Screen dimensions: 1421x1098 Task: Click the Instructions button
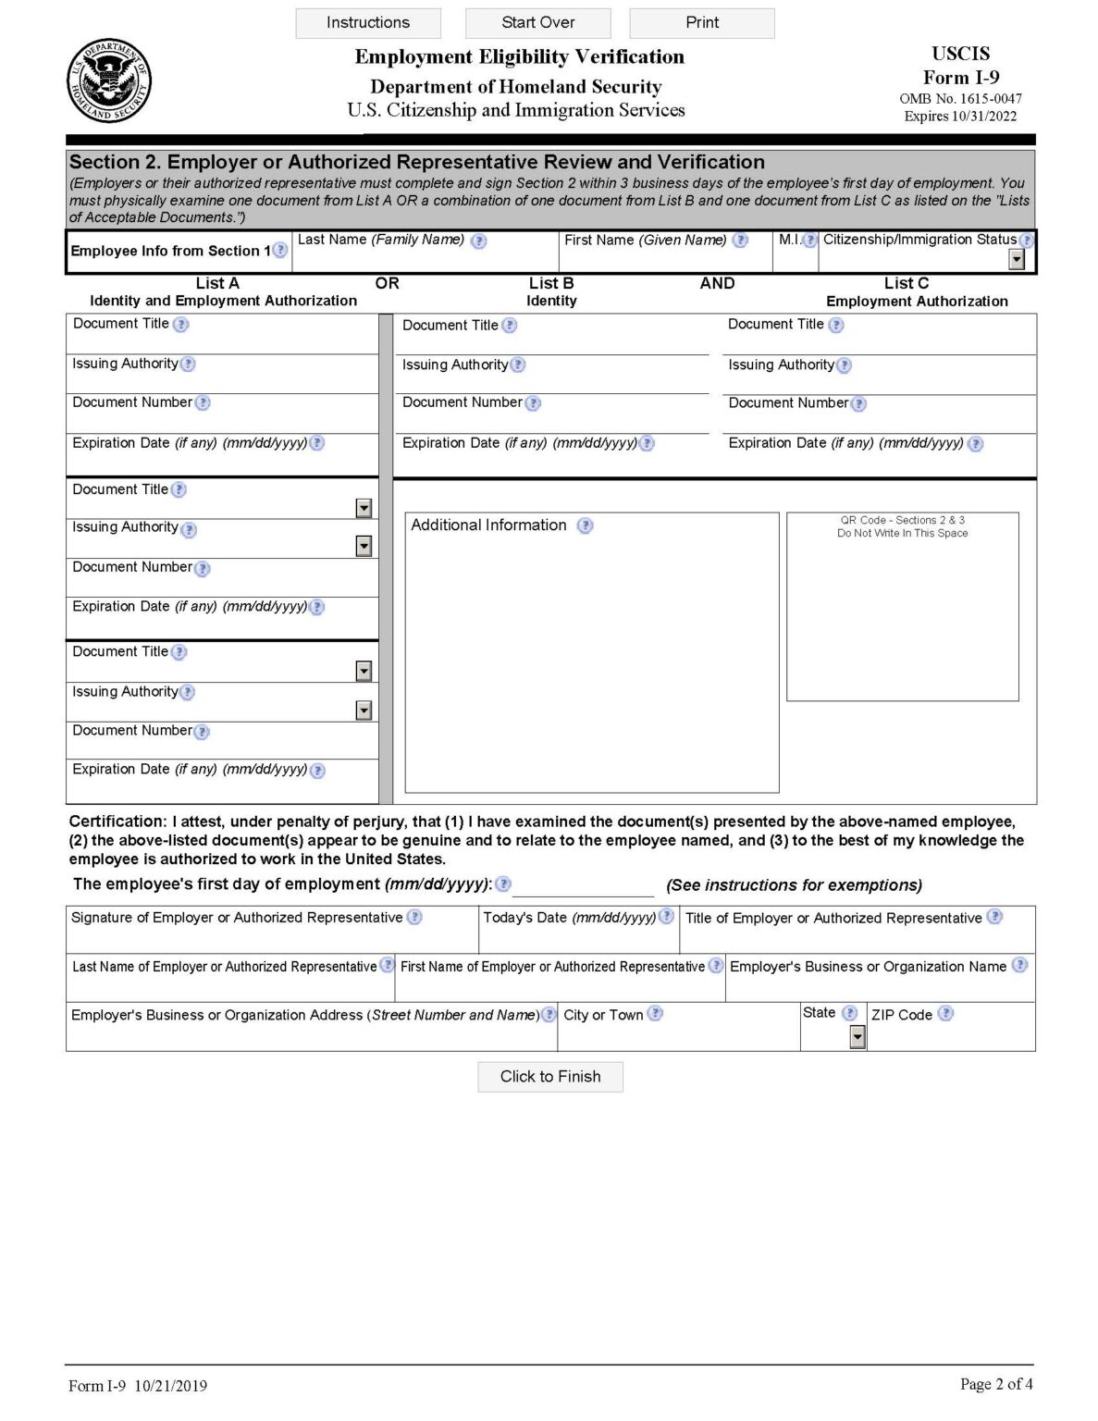[367, 23]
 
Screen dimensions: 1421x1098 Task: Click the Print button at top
[701, 23]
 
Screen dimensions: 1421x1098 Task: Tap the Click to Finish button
[549, 1076]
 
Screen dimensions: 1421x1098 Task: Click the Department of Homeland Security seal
[108, 81]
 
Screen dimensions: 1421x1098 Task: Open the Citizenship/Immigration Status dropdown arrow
[1017, 260]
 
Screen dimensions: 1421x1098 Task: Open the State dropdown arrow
[857, 1037]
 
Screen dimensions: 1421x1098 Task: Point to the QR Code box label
[902, 526]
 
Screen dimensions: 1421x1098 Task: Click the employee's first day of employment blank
[583, 886]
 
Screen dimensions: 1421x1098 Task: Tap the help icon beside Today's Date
[666, 917]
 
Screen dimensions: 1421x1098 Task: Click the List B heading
[551, 283]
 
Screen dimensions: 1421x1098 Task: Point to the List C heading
[906, 283]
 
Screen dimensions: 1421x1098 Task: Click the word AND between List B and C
[717, 283]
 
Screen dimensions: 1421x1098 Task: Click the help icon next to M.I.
[810, 241]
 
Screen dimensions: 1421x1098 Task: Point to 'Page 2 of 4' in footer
[995, 1384]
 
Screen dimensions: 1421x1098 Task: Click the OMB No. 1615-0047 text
[960, 98]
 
